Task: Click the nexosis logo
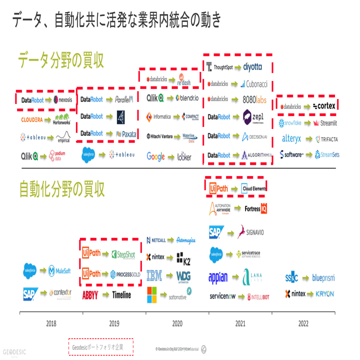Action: [63, 100]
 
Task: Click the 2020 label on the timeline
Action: [177, 323]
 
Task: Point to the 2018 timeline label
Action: [51, 323]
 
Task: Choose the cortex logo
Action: [324, 106]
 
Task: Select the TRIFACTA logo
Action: [326, 139]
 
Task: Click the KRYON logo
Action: [325, 294]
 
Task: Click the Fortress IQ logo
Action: [256, 208]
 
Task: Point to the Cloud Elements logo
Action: [253, 188]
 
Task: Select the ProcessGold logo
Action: [122, 274]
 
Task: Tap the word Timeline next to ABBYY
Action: [121, 295]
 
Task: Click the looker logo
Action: [184, 156]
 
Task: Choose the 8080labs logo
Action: [254, 99]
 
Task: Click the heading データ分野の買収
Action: [61, 60]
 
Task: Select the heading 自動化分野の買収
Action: [62, 189]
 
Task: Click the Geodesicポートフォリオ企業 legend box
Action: [101, 346]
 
